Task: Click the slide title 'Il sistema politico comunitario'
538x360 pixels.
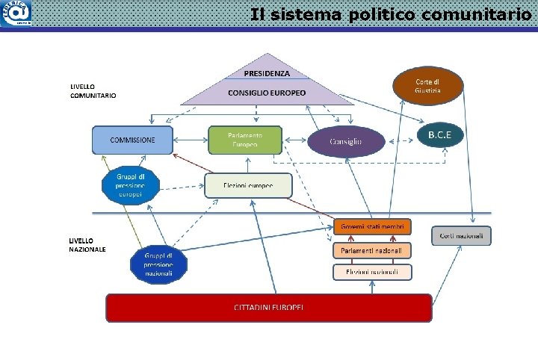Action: click(x=391, y=14)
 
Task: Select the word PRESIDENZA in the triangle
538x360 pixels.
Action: click(x=267, y=73)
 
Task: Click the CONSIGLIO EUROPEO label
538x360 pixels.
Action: click(x=267, y=93)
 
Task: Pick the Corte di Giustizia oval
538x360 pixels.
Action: click(x=428, y=85)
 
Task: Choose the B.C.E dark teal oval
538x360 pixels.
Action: click(x=445, y=135)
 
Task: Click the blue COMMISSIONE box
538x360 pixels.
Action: click(x=132, y=140)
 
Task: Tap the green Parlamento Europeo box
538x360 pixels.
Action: click(x=245, y=139)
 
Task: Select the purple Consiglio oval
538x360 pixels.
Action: click(x=347, y=141)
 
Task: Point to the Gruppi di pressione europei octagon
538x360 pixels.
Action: click(x=131, y=185)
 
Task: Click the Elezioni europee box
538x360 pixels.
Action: click(x=248, y=185)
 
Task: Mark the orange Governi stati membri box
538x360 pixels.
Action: click(x=372, y=226)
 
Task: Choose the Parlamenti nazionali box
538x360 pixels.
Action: click(x=372, y=250)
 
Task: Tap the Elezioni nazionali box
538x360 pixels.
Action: click(x=372, y=272)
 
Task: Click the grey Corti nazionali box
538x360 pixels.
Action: click(x=462, y=235)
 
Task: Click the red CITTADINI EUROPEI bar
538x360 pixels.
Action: click(x=269, y=308)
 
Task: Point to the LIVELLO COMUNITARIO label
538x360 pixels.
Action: click(x=93, y=91)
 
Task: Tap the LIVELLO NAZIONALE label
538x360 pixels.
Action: click(x=88, y=244)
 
